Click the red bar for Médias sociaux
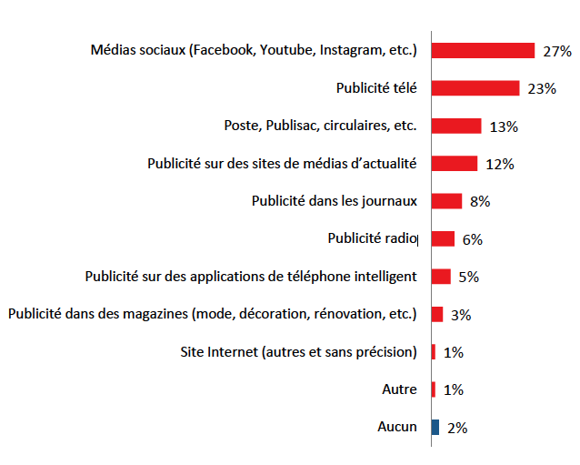[x=483, y=50]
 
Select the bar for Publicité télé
[x=475, y=88]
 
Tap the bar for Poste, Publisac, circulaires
[x=455, y=126]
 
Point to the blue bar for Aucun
[x=435, y=427]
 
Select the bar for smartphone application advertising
[x=441, y=277]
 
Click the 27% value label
[x=556, y=52]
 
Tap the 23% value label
[x=541, y=89]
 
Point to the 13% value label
[x=503, y=127]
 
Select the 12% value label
[x=499, y=165]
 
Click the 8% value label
[x=480, y=202]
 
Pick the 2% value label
[x=457, y=428]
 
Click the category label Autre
[x=399, y=389]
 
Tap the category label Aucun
[x=397, y=427]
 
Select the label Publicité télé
[x=376, y=88]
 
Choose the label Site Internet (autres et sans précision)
[x=300, y=352]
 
